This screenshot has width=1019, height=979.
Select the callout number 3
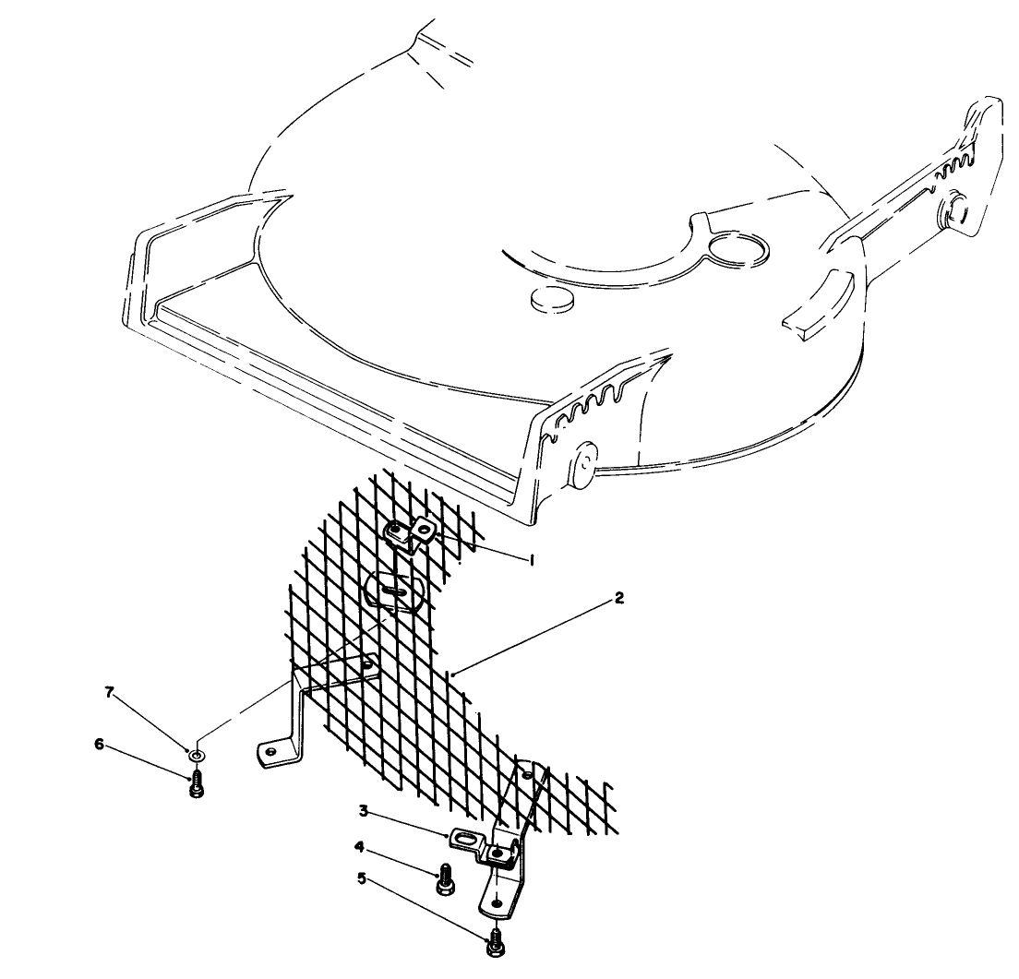pos(365,811)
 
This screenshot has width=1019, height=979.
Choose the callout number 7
pos(109,692)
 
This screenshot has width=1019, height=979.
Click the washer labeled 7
pos(197,756)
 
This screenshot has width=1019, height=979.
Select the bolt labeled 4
pos(444,878)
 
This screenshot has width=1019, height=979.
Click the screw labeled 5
pos(496,941)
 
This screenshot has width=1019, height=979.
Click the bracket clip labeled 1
pos(410,533)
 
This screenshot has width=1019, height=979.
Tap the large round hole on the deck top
pos(739,248)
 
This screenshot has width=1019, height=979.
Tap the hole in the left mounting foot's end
pos(270,752)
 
